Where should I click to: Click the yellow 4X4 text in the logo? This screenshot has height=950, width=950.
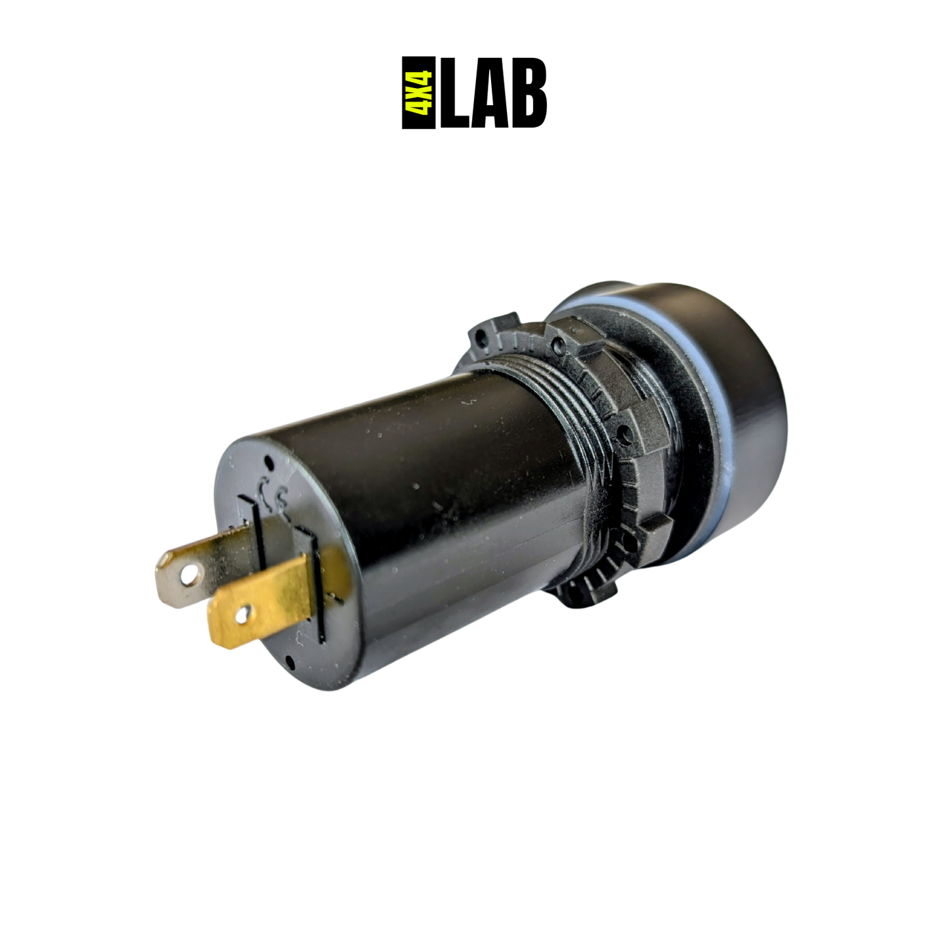tap(419, 93)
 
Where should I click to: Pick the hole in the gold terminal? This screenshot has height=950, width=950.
tap(243, 614)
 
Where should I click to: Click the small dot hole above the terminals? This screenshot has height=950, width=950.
tap(269, 463)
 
